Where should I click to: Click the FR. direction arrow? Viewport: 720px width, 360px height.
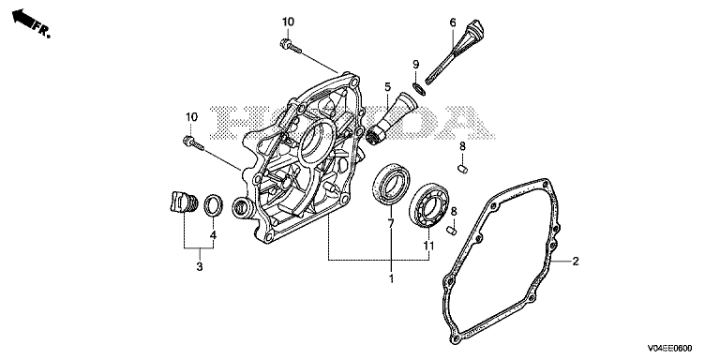click(x=23, y=19)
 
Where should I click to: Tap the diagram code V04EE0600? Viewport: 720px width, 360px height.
click(x=670, y=348)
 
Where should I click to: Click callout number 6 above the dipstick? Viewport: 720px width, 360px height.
click(x=453, y=22)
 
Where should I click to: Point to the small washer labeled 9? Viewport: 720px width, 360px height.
click(x=419, y=89)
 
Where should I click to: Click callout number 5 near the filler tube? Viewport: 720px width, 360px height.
click(x=387, y=87)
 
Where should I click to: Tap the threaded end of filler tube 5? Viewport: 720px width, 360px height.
click(x=377, y=135)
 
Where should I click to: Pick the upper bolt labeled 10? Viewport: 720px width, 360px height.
click(x=291, y=46)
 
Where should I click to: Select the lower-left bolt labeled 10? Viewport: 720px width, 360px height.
click(x=194, y=142)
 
